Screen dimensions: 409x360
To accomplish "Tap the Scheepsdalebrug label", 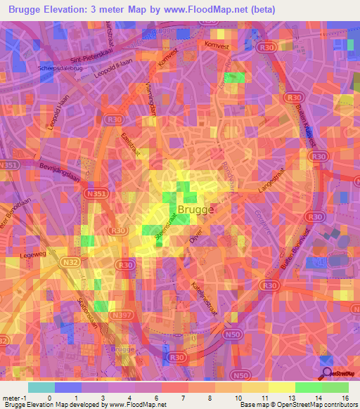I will click(65, 69).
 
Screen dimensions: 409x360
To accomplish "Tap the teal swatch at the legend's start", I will click(41, 387).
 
